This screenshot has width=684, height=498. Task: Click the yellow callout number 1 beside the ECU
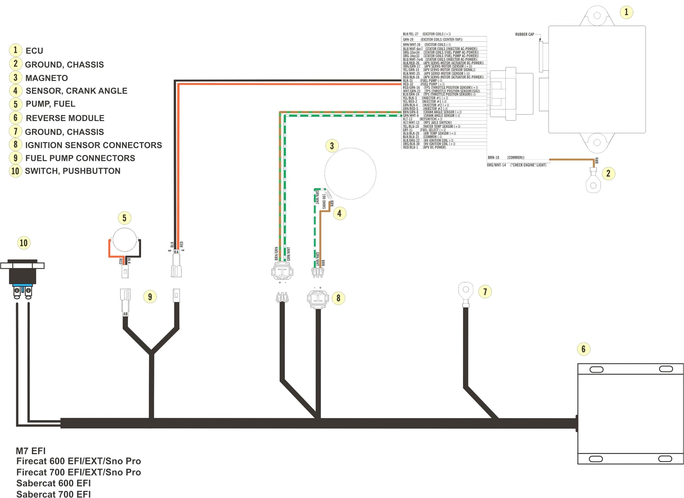[x=626, y=12]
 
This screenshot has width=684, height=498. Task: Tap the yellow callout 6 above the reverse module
[x=583, y=349]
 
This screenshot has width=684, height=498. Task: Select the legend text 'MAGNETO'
[x=46, y=78]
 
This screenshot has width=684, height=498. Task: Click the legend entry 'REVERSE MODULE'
[x=65, y=118]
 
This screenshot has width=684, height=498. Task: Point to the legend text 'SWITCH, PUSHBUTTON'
[x=72, y=171]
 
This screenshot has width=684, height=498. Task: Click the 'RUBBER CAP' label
[x=524, y=34]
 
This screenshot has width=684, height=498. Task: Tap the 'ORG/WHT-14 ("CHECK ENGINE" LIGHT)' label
[x=516, y=165]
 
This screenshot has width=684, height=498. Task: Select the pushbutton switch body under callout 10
[x=22, y=274]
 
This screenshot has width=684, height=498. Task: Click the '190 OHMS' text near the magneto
[x=324, y=201]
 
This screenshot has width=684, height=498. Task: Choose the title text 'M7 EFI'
[x=30, y=451]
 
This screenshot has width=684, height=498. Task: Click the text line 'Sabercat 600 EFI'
[x=53, y=483]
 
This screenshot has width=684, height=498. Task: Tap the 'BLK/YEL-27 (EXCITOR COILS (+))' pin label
[x=426, y=34]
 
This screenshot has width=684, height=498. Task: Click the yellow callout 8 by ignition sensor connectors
[x=338, y=298]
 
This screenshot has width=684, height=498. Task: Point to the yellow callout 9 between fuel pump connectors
[x=150, y=297]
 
